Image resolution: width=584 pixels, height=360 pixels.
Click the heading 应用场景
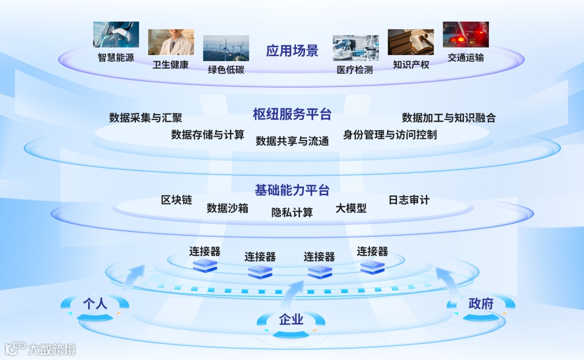pyautogui.click(x=292, y=51)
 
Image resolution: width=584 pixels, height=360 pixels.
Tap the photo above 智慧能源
pyautogui.click(x=116, y=35)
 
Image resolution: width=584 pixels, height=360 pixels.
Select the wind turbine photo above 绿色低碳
pyautogui.click(x=226, y=48)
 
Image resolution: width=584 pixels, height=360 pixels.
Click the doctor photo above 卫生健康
pyautogui.click(x=171, y=42)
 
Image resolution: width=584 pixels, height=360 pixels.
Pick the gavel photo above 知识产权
pyautogui.click(x=410, y=42)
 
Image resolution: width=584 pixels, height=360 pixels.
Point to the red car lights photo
pyautogui.click(x=466, y=35)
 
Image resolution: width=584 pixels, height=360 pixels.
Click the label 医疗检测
pyautogui.click(x=355, y=70)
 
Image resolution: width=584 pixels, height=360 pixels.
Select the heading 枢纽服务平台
pyautogui.click(x=292, y=114)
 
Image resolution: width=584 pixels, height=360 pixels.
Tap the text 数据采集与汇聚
pyautogui.click(x=145, y=118)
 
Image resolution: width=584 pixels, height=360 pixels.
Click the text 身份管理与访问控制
pyautogui.click(x=390, y=135)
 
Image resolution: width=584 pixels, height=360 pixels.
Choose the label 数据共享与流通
pyautogui.click(x=292, y=142)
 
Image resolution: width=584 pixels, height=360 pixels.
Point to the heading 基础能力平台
pyautogui.click(x=292, y=190)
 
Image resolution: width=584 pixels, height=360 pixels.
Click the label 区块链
pyautogui.click(x=177, y=200)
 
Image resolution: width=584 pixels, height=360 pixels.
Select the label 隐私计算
pyautogui.click(x=292, y=212)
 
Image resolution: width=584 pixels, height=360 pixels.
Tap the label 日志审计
pyautogui.click(x=409, y=200)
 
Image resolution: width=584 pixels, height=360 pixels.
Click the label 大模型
pyautogui.click(x=351, y=208)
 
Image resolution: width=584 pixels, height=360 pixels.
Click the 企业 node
pyautogui.click(x=291, y=320)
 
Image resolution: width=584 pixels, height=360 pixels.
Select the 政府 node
pyautogui.click(x=481, y=304)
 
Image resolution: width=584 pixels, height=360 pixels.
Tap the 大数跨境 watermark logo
pyautogui.click(x=41, y=349)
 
